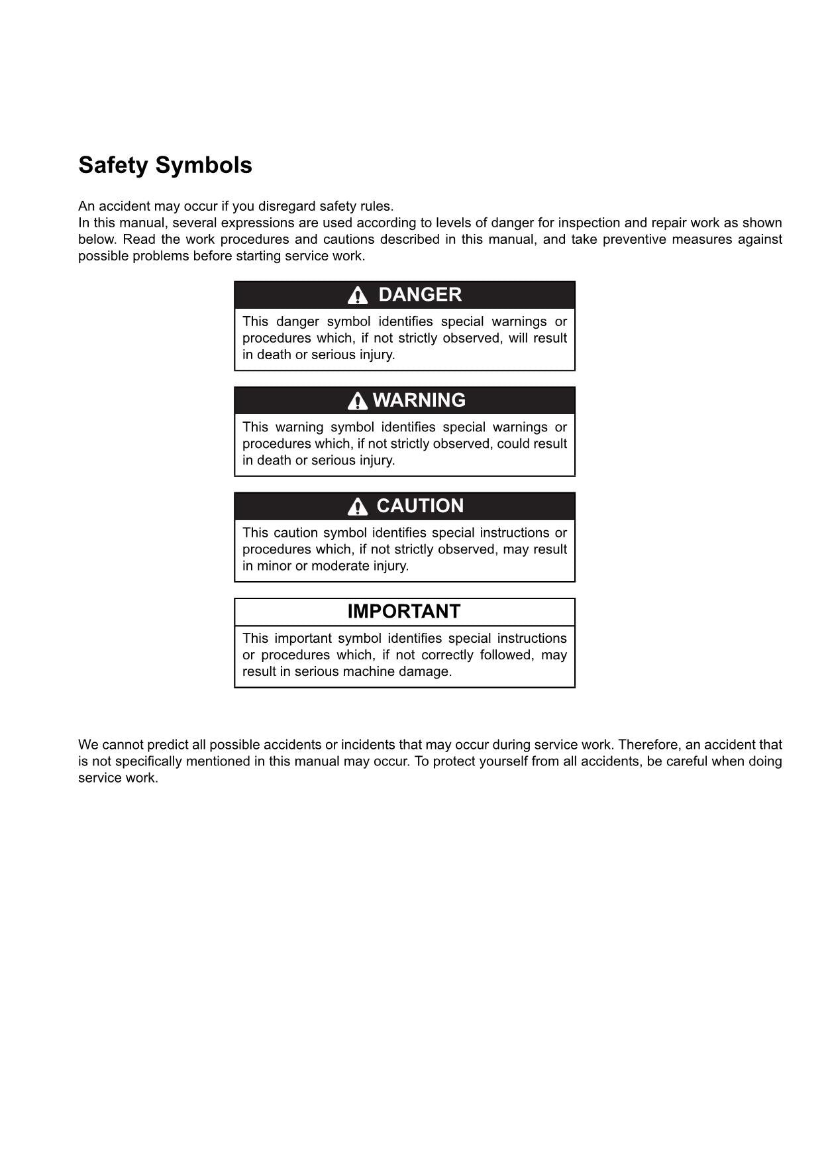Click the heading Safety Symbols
click(165, 165)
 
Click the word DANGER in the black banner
click(420, 295)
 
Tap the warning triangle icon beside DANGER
click(358, 296)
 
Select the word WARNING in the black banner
click(419, 400)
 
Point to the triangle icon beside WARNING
click(358, 401)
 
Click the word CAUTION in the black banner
click(420, 506)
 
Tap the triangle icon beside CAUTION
click(358, 507)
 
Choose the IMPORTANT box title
click(404, 612)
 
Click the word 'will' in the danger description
click(519, 338)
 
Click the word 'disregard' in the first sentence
click(287, 206)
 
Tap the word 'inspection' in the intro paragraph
click(588, 223)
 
